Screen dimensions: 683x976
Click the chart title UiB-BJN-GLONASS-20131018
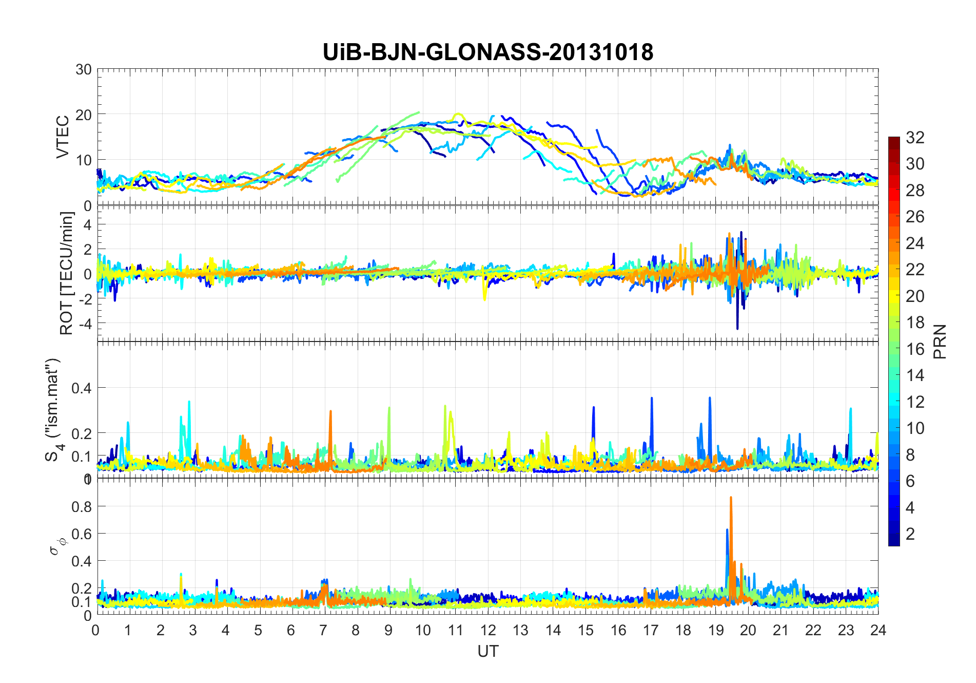(x=487, y=52)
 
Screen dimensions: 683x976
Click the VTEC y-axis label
(x=63, y=137)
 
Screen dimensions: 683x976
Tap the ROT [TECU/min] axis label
(x=67, y=273)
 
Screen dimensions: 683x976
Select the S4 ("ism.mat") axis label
(x=53, y=410)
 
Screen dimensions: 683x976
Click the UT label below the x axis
(x=487, y=651)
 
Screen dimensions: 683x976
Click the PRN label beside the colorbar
(x=940, y=341)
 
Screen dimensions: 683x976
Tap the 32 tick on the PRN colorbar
(x=915, y=138)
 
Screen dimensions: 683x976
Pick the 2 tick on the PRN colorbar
(x=910, y=534)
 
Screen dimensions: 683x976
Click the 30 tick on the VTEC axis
(x=84, y=70)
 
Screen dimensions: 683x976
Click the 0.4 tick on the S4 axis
(x=82, y=388)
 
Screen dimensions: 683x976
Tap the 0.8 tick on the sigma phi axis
(x=82, y=506)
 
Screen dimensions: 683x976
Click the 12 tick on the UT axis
(x=487, y=630)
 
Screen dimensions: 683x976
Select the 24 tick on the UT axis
(x=878, y=630)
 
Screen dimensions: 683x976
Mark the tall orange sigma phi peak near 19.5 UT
(x=731, y=498)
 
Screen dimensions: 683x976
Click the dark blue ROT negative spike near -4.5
(x=737, y=327)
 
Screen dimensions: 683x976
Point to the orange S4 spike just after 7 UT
(x=330, y=412)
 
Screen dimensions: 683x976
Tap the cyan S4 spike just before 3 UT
(x=189, y=403)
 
